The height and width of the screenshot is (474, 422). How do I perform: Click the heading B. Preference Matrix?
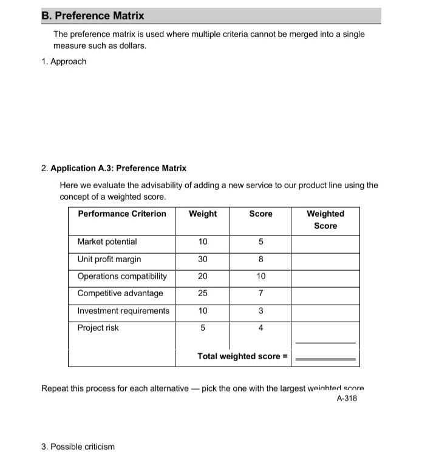(93, 16)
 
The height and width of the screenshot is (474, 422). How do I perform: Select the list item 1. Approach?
(64, 61)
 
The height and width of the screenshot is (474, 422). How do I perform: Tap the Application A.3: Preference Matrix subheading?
(118, 168)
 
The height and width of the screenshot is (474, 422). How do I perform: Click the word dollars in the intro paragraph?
(131, 46)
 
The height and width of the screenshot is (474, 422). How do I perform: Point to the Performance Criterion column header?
(121, 214)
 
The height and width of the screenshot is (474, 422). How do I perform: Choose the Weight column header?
(202, 214)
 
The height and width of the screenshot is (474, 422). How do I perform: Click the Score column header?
(260, 214)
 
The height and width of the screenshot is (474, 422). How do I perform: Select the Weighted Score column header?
(325, 220)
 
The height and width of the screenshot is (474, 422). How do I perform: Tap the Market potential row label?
(107, 242)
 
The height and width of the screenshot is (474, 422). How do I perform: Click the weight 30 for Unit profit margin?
(203, 259)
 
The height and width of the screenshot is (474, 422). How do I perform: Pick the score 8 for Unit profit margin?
(260, 259)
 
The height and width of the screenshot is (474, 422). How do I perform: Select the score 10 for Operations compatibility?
(260, 276)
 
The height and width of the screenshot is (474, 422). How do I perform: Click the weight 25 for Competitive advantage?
(203, 293)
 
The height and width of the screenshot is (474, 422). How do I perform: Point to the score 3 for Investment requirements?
(260, 311)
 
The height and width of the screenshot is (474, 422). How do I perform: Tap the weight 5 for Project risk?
(203, 328)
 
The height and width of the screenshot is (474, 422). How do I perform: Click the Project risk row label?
(98, 328)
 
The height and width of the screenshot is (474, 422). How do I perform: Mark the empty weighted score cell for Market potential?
(325, 242)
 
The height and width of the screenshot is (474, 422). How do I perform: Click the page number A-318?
(346, 398)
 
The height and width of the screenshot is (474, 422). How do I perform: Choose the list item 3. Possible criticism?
(78, 447)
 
